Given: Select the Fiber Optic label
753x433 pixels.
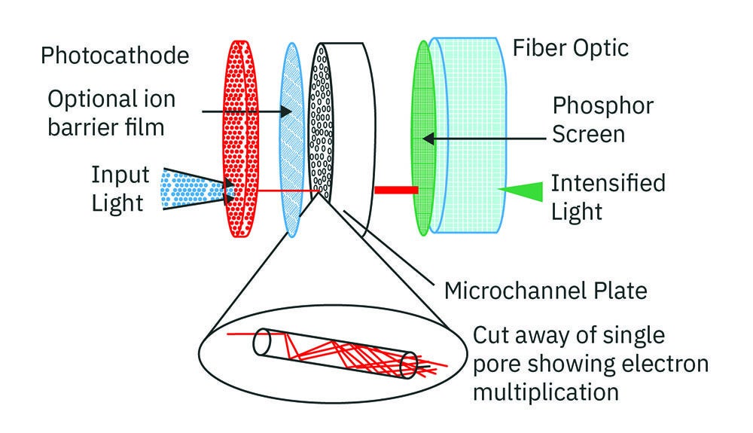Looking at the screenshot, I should click(570, 49).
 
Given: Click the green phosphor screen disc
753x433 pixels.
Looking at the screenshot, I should click(422, 136).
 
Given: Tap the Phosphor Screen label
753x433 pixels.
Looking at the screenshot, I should click(587, 120).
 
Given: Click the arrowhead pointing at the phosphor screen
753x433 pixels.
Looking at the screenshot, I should click(427, 139).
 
